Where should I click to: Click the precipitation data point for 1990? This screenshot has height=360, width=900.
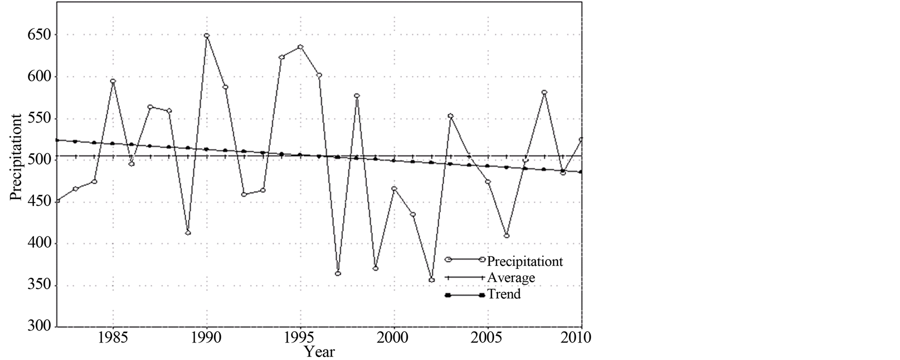coord(206,36)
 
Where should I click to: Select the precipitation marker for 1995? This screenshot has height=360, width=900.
coord(300,47)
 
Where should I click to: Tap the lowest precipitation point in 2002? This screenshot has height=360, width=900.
coord(431,280)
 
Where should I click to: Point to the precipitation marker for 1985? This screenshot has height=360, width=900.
coord(113,81)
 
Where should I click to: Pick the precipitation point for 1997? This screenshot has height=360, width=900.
coord(338,273)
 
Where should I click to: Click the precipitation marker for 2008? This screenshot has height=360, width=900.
coord(544,92)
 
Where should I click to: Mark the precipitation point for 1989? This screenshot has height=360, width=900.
coord(188,232)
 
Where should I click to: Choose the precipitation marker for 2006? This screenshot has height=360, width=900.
coord(507,235)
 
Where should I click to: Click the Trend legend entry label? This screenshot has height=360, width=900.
coord(504,294)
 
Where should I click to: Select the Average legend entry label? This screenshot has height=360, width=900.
coord(511,278)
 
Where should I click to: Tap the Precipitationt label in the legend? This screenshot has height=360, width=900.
coord(525,261)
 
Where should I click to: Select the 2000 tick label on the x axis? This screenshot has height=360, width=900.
coord(394,338)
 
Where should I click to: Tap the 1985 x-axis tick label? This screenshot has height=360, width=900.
coord(113,338)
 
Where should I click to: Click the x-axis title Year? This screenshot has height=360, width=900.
coord(320,352)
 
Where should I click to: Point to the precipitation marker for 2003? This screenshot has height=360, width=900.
coord(450,116)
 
